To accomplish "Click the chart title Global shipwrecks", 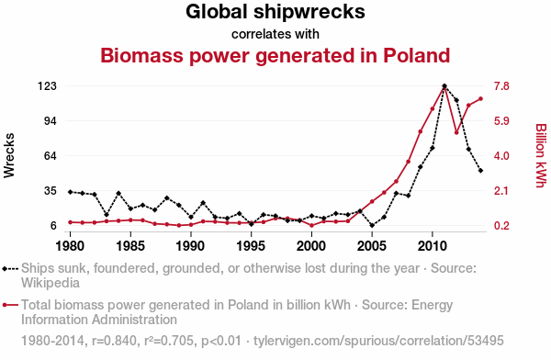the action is point(275,12).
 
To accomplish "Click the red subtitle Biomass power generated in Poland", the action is point(275,55).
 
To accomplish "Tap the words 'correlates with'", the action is point(275,34).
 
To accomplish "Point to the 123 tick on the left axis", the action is point(47,86).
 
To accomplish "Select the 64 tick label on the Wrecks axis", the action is point(51,156).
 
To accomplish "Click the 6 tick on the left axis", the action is point(53,225).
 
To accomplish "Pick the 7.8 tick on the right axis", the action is point(501,86).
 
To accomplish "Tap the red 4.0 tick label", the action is point(501,156).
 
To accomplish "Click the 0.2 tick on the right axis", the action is point(501,225).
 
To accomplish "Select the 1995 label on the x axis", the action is point(251,246).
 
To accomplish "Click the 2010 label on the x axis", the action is point(433,246).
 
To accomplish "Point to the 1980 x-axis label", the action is point(70,246).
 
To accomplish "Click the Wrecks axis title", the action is point(9,155).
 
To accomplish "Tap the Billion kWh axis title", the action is point(541,155).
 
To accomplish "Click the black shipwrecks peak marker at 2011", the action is point(444,85).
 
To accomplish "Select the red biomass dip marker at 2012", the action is point(456,132).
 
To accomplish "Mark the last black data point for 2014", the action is point(480,171).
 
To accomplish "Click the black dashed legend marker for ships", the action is point(10,269).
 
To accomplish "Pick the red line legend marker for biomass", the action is point(10,305).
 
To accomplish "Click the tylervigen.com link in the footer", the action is point(378,341).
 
